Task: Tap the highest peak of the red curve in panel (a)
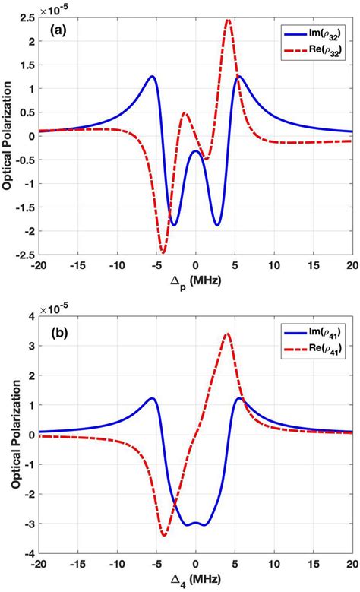point(228,20)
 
